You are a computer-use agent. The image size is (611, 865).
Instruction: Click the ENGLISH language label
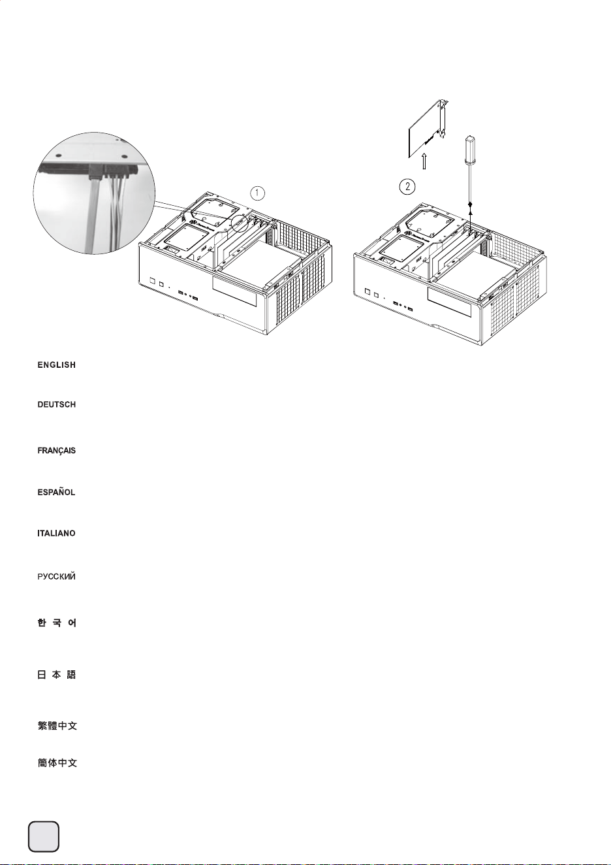(x=56, y=365)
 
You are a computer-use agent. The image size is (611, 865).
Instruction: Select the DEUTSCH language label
(x=56, y=404)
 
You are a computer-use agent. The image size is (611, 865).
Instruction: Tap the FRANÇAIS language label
(x=56, y=451)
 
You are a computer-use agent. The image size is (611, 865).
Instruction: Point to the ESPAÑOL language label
(x=56, y=492)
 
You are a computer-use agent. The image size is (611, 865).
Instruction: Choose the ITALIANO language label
(x=56, y=533)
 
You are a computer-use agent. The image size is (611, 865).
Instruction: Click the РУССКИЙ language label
(x=56, y=576)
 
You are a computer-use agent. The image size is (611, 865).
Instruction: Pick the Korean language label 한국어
(x=57, y=623)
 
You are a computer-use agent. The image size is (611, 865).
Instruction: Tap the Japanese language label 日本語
(x=57, y=675)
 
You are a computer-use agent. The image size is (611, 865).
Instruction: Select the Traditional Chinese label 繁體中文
(x=57, y=726)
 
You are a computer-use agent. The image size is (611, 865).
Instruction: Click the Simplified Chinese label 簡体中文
(x=57, y=762)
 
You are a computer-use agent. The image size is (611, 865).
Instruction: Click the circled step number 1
(x=258, y=193)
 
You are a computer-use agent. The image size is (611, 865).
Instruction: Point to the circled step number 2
(x=407, y=187)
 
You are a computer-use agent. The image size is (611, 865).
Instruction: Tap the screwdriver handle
(x=470, y=149)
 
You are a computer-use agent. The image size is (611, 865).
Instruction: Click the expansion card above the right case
(x=428, y=129)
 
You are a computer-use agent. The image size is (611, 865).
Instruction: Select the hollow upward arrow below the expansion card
(x=424, y=161)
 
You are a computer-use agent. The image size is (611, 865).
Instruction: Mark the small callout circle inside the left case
(x=240, y=223)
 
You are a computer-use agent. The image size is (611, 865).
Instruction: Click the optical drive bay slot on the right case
(x=450, y=302)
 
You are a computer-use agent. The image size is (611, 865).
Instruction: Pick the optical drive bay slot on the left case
(x=234, y=291)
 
